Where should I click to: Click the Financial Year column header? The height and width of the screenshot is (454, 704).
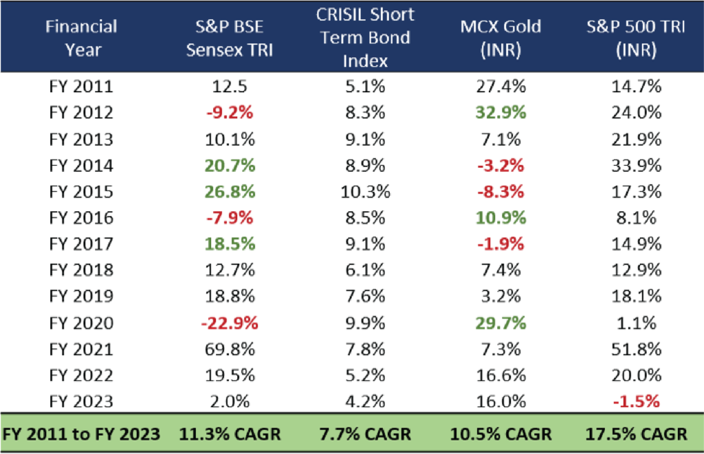point(82,38)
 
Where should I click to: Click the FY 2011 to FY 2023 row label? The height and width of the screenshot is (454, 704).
point(82,434)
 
